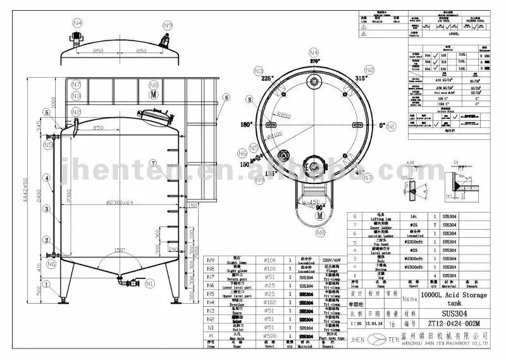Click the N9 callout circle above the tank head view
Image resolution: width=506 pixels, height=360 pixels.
point(168,25)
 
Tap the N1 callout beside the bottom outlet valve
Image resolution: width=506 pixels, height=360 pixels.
point(149,284)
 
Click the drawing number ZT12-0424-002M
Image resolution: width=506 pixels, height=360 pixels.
point(452,323)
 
